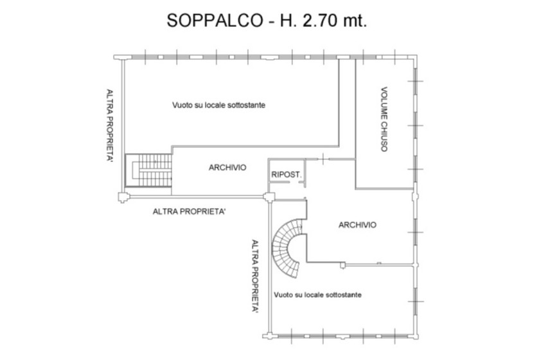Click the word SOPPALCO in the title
click(215, 21)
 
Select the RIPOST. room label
click(287, 175)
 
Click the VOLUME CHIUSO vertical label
click(384, 120)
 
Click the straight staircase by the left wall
click(149, 170)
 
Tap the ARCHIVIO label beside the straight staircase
click(227, 168)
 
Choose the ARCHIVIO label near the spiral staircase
click(357, 225)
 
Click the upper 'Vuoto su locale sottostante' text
click(219, 105)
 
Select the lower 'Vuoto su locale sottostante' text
click(318, 294)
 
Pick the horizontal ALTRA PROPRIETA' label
click(189, 212)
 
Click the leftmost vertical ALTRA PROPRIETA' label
click(109, 125)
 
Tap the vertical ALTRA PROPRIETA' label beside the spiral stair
click(255, 276)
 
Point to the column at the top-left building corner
click(121, 57)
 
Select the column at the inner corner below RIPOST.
click(269, 197)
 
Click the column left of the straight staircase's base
click(123, 197)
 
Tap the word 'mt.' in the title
click(355, 21)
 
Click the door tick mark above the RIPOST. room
click(324, 159)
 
